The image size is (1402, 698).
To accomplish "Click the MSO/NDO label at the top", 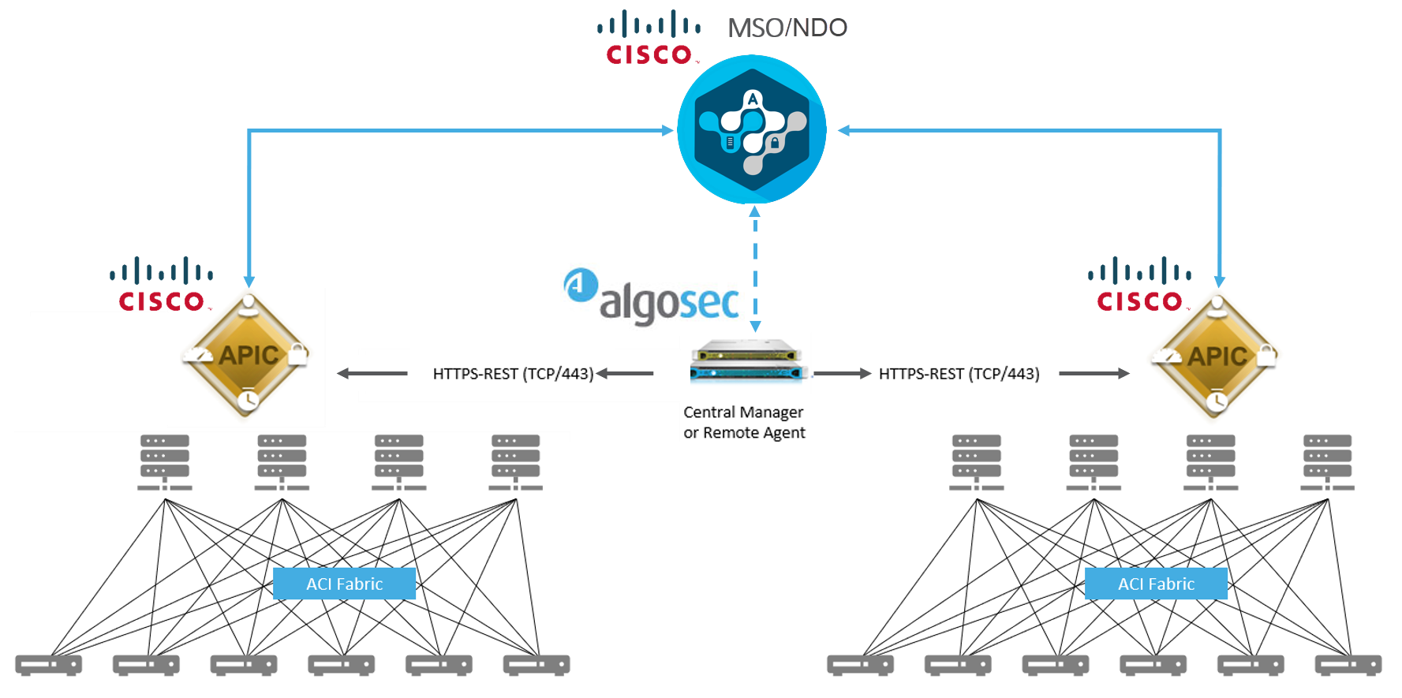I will (x=787, y=28).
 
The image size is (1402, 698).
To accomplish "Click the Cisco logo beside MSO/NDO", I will (x=649, y=37).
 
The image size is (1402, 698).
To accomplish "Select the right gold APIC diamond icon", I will (x=1217, y=356).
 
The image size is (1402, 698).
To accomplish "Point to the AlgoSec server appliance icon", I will (x=746, y=362).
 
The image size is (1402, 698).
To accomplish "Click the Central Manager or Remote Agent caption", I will (x=744, y=423).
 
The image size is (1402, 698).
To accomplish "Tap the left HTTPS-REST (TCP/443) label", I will (x=513, y=374).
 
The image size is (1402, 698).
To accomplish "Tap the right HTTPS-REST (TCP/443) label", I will (x=959, y=374).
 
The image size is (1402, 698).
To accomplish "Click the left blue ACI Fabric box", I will (x=344, y=584).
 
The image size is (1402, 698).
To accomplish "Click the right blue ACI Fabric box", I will (x=1156, y=584).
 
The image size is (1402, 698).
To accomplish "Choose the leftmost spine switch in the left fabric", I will (x=165, y=462).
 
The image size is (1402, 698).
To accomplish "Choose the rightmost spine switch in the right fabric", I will (x=1328, y=462).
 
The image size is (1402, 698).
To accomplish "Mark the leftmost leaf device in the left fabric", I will (x=49, y=665).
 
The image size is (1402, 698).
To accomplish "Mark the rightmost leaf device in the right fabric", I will (x=1348, y=665).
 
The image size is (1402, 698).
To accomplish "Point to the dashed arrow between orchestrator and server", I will (x=755, y=268).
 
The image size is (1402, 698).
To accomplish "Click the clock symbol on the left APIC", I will (x=248, y=400).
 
